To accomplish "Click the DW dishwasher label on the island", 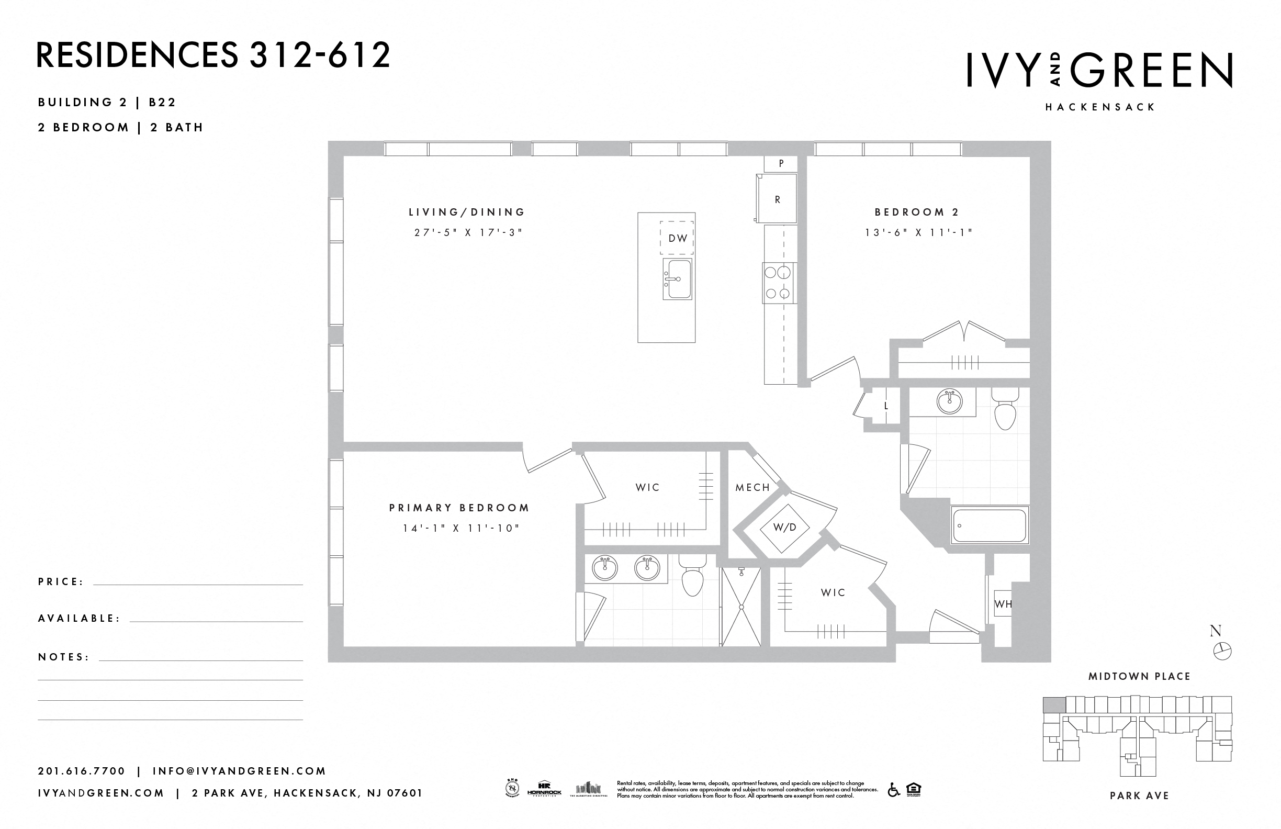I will [677, 238].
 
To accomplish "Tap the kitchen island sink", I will [677, 279].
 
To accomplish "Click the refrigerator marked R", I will [777, 199].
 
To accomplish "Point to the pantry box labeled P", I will [780, 163].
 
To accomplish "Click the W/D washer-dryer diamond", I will [784, 528].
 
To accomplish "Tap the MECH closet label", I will [752, 487].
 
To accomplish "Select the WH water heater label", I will [1003, 604].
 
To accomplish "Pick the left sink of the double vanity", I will [605, 568].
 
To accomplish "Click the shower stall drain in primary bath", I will [741, 607].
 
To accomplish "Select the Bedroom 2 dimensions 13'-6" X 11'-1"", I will [919, 232].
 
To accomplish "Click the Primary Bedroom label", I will [459, 508].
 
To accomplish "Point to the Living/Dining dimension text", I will [468, 232].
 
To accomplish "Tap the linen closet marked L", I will [886, 407].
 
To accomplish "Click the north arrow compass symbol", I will [1222, 651].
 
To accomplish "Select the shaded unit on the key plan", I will [1054, 704].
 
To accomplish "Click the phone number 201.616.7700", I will [81, 771].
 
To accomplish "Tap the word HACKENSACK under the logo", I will [1099, 107].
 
